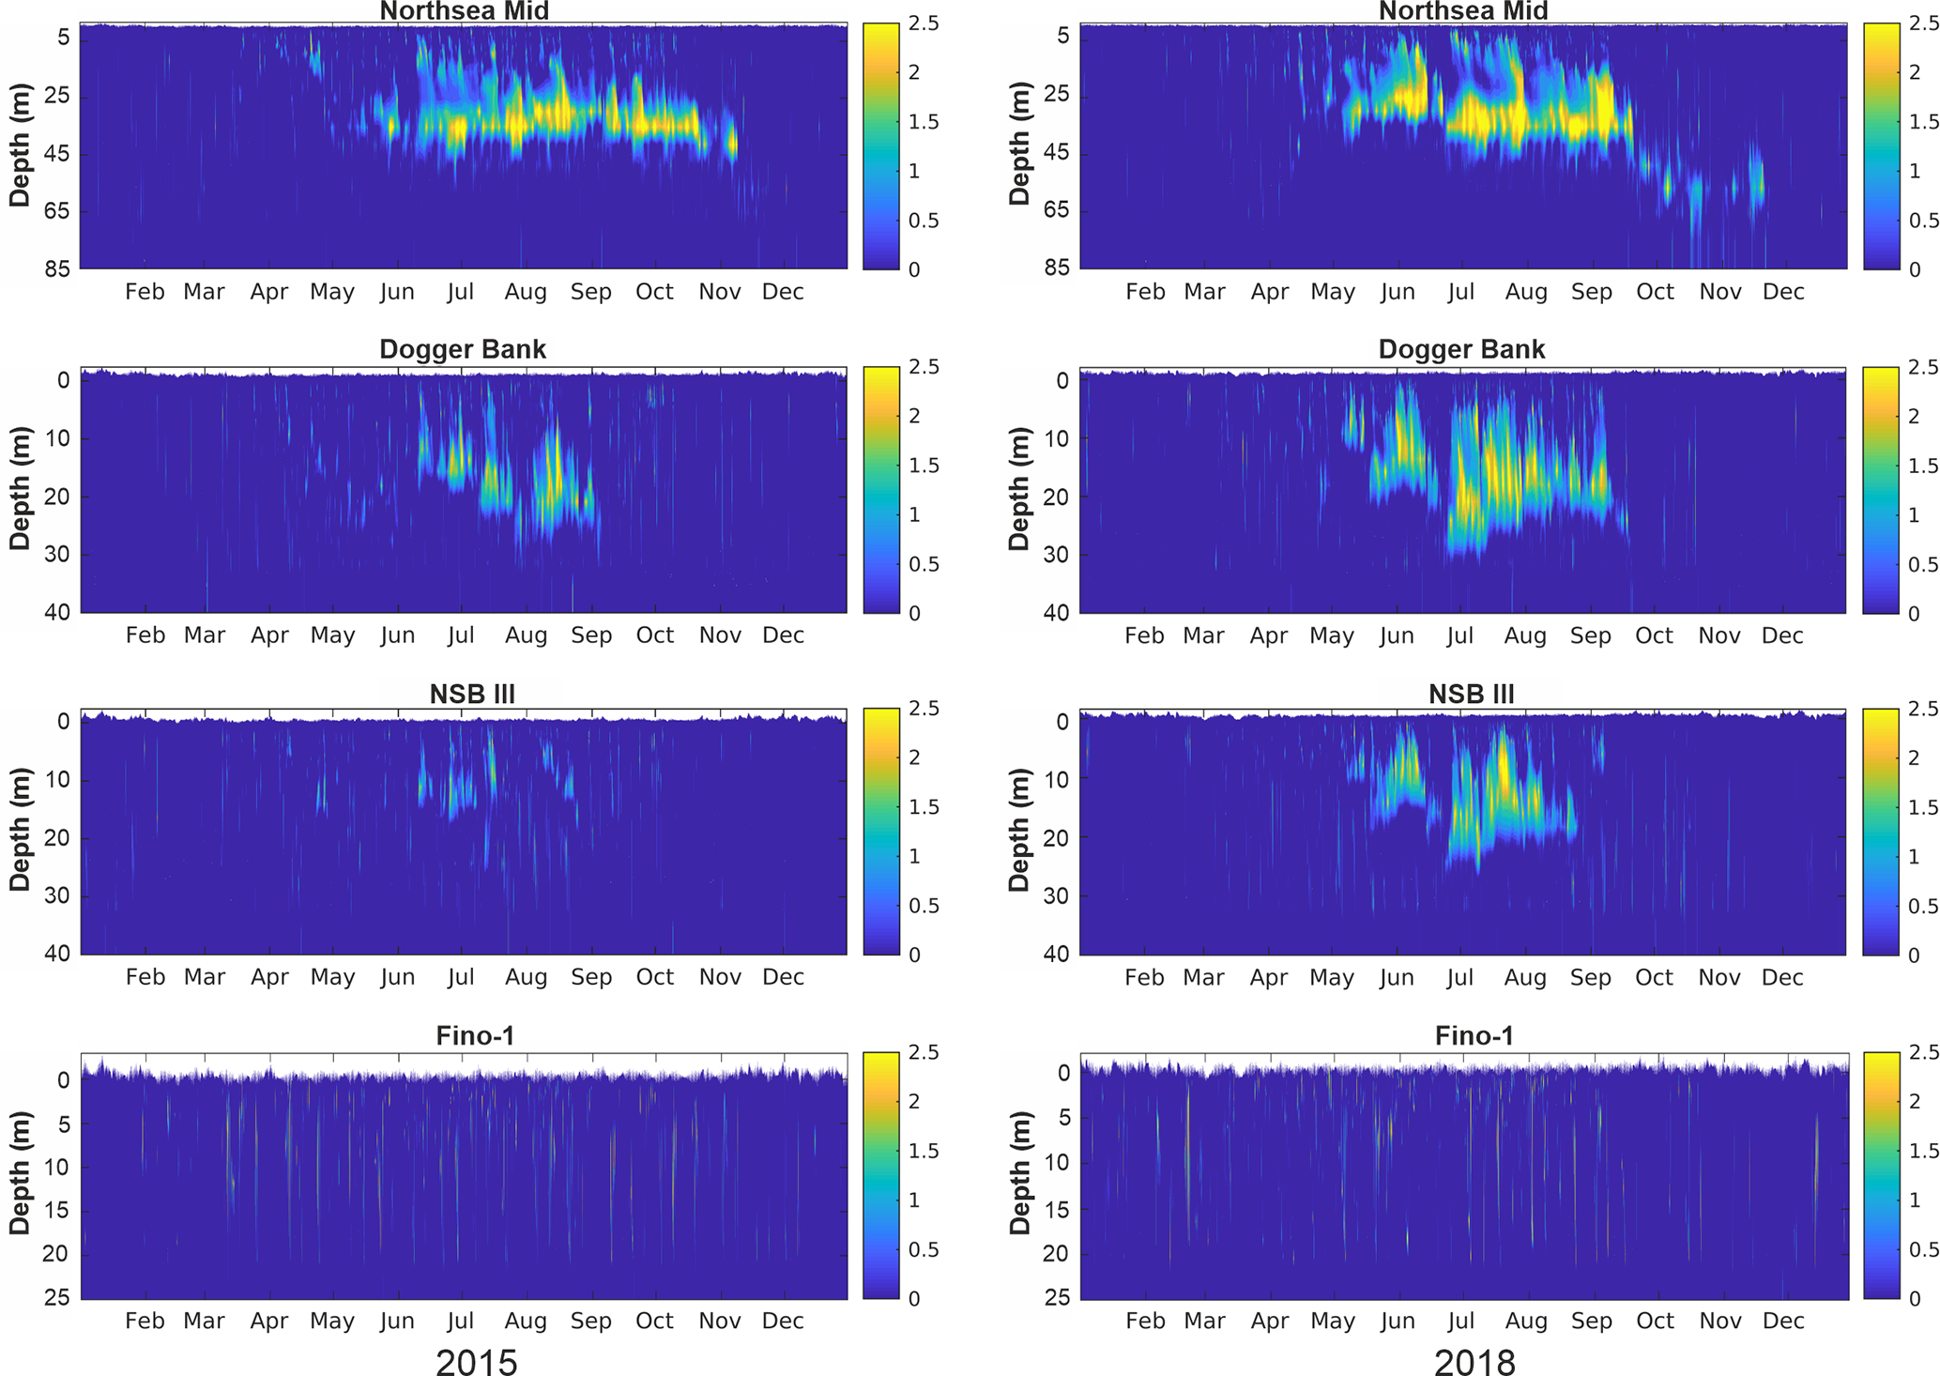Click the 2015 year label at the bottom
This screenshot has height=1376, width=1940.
[476, 1361]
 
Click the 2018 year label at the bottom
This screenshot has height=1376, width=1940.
[1474, 1361]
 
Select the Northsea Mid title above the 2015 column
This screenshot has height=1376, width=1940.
[464, 11]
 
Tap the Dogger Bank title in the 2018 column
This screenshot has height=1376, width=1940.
[1461, 349]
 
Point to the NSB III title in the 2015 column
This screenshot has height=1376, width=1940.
[472, 694]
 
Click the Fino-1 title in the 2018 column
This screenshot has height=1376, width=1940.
[1474, 1036]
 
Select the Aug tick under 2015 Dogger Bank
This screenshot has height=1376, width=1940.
[526, 635]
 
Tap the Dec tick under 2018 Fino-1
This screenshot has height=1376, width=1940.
[1783, 1321]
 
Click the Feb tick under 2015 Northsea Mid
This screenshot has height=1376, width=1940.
[145, 292]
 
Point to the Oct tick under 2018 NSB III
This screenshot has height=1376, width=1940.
[1655, 977]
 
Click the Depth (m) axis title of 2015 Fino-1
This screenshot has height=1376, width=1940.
[21, 1173]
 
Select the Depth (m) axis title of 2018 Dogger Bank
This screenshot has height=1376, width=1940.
[1020, 488]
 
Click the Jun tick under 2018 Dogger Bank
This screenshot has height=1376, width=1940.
[1397, 635]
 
